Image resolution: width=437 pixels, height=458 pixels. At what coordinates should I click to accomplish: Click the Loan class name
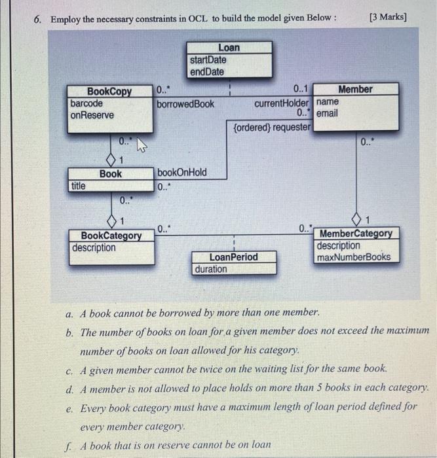click(x=229, y=48)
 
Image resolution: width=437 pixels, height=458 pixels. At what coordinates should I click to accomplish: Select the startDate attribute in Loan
click(x=208, y=60)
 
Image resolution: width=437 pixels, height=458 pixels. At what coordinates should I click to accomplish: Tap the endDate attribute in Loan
click(x=206, y=71)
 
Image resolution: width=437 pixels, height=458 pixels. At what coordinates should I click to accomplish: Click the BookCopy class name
click(x=109, y=92)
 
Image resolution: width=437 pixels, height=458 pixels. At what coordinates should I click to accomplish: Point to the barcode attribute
click(x=86, y=103)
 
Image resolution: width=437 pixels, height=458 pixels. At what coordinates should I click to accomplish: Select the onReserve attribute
click(x=92, y=114)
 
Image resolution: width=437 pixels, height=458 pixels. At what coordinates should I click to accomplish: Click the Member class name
click(x=355, y=89)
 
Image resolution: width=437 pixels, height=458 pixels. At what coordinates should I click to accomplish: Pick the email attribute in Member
click(x=327, y=113)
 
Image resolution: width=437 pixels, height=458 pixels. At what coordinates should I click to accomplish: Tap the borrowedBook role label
click(x=185, y=103)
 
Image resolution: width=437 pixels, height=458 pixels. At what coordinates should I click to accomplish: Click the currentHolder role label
click(x=282, y=103)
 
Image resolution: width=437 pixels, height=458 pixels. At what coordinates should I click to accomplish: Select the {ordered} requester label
click(x=272, y=127)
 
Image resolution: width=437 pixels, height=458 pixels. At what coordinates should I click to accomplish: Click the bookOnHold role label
click(x=181, y=172)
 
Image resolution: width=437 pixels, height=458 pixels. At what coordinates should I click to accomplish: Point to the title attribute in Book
click(x=78, y=185)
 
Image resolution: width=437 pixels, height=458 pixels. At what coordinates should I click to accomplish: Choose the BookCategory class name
click(x=111, y=236)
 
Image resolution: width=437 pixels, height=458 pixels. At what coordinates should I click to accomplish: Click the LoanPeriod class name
click(x=233, y=257)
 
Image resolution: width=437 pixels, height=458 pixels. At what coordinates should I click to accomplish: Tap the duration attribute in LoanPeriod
click(x=211, y=269)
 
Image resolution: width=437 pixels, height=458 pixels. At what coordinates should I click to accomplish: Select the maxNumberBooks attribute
click(x=353, y=257)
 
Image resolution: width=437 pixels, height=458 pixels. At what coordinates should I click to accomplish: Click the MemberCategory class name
click(x=356, y=234)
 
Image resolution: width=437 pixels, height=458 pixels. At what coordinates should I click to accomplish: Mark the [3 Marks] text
click(x=388, y=16)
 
